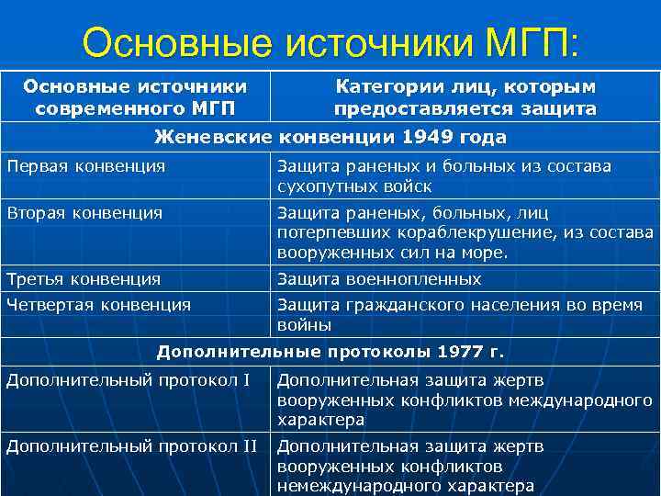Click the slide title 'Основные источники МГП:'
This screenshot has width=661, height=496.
pos(330,42)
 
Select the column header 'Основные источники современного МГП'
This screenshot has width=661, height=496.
pos(135,97)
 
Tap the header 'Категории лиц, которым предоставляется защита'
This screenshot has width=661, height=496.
pos(465,97)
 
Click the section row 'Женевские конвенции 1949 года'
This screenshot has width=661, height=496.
pos(330,138)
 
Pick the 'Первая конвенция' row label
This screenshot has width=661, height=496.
pos(86,166)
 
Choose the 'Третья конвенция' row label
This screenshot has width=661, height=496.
pos(84,278)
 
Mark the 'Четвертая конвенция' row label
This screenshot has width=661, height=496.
pos(99,304)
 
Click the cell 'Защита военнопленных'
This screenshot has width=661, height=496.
pos(379,278)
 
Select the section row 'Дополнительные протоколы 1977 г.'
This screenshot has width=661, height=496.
pos(330,351)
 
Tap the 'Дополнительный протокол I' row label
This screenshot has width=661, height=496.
pos(129,379)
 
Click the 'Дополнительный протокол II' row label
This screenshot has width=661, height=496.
pos(132,446)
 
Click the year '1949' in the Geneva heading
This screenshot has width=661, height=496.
pos(429,138)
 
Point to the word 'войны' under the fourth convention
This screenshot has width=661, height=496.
pos(304,325)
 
